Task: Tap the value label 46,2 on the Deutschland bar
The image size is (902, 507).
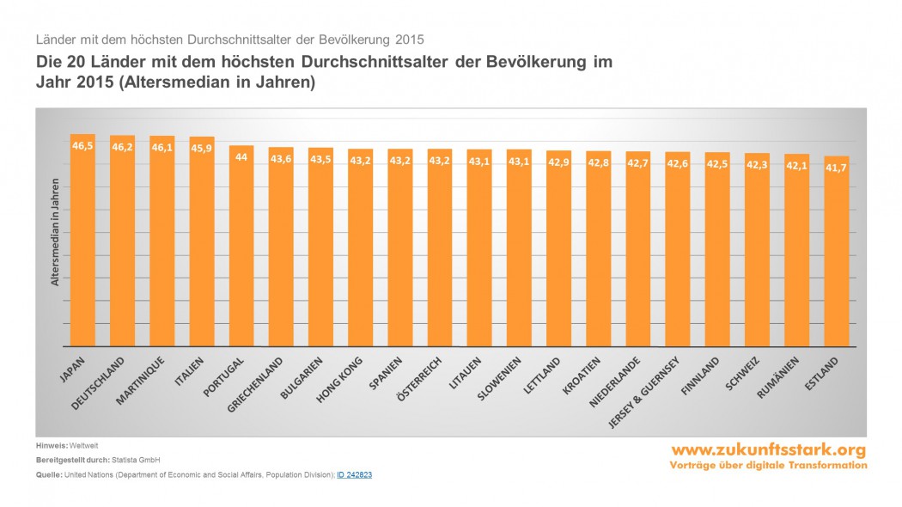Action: [122, 148]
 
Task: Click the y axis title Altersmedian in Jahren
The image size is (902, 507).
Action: [54, 232]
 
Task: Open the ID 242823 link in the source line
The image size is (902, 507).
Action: [354, 474]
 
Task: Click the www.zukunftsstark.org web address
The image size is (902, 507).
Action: [769, 450]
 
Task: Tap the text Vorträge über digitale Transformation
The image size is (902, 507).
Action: [769, 465]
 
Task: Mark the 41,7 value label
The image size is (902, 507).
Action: [836, 168]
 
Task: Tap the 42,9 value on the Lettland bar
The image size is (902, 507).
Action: [558, 162]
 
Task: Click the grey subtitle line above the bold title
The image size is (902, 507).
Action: [229, 40]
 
